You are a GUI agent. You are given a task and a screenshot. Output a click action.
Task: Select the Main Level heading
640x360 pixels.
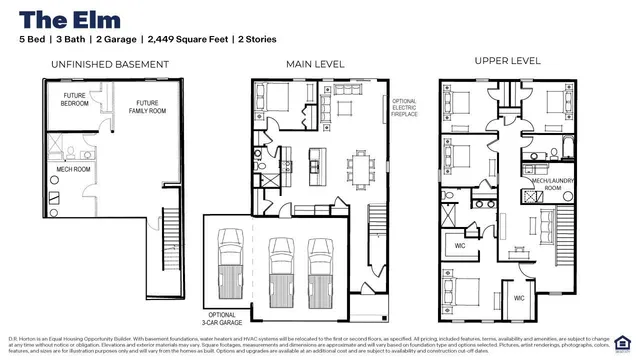pos(315,64)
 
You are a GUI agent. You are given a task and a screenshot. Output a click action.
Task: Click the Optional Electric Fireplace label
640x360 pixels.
pos(404,108)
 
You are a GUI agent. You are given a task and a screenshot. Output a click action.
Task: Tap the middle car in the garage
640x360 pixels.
pos(279,270)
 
